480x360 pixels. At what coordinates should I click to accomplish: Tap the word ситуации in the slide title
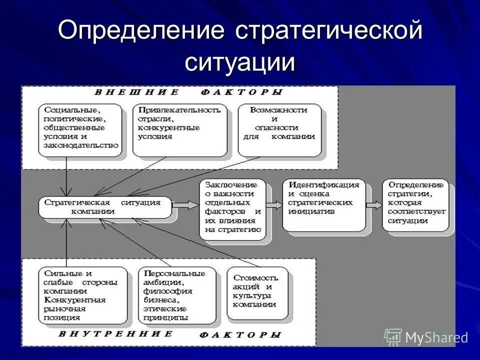click(x=240, y=62)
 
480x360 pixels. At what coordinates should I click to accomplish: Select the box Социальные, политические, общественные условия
click(x=80, y=129)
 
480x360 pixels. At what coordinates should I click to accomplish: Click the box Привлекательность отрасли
click(x=179, y=129)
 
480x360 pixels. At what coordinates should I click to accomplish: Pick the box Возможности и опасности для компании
click(x=279, y=129)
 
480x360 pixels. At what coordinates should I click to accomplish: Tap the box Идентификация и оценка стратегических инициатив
click(x=323, y=204)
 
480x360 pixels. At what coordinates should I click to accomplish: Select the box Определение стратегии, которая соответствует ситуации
click(x=416, y=204)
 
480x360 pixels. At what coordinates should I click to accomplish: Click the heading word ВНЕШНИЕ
click(x=136, y=92)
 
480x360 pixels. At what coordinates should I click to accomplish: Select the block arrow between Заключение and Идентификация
click(x=274, y=204)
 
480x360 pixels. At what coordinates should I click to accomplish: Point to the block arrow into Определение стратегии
click(x=374, y=204)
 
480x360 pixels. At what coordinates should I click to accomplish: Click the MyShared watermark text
click(x=436, y=337)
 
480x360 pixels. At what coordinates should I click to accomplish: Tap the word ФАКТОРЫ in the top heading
click(x=242, y=92)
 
